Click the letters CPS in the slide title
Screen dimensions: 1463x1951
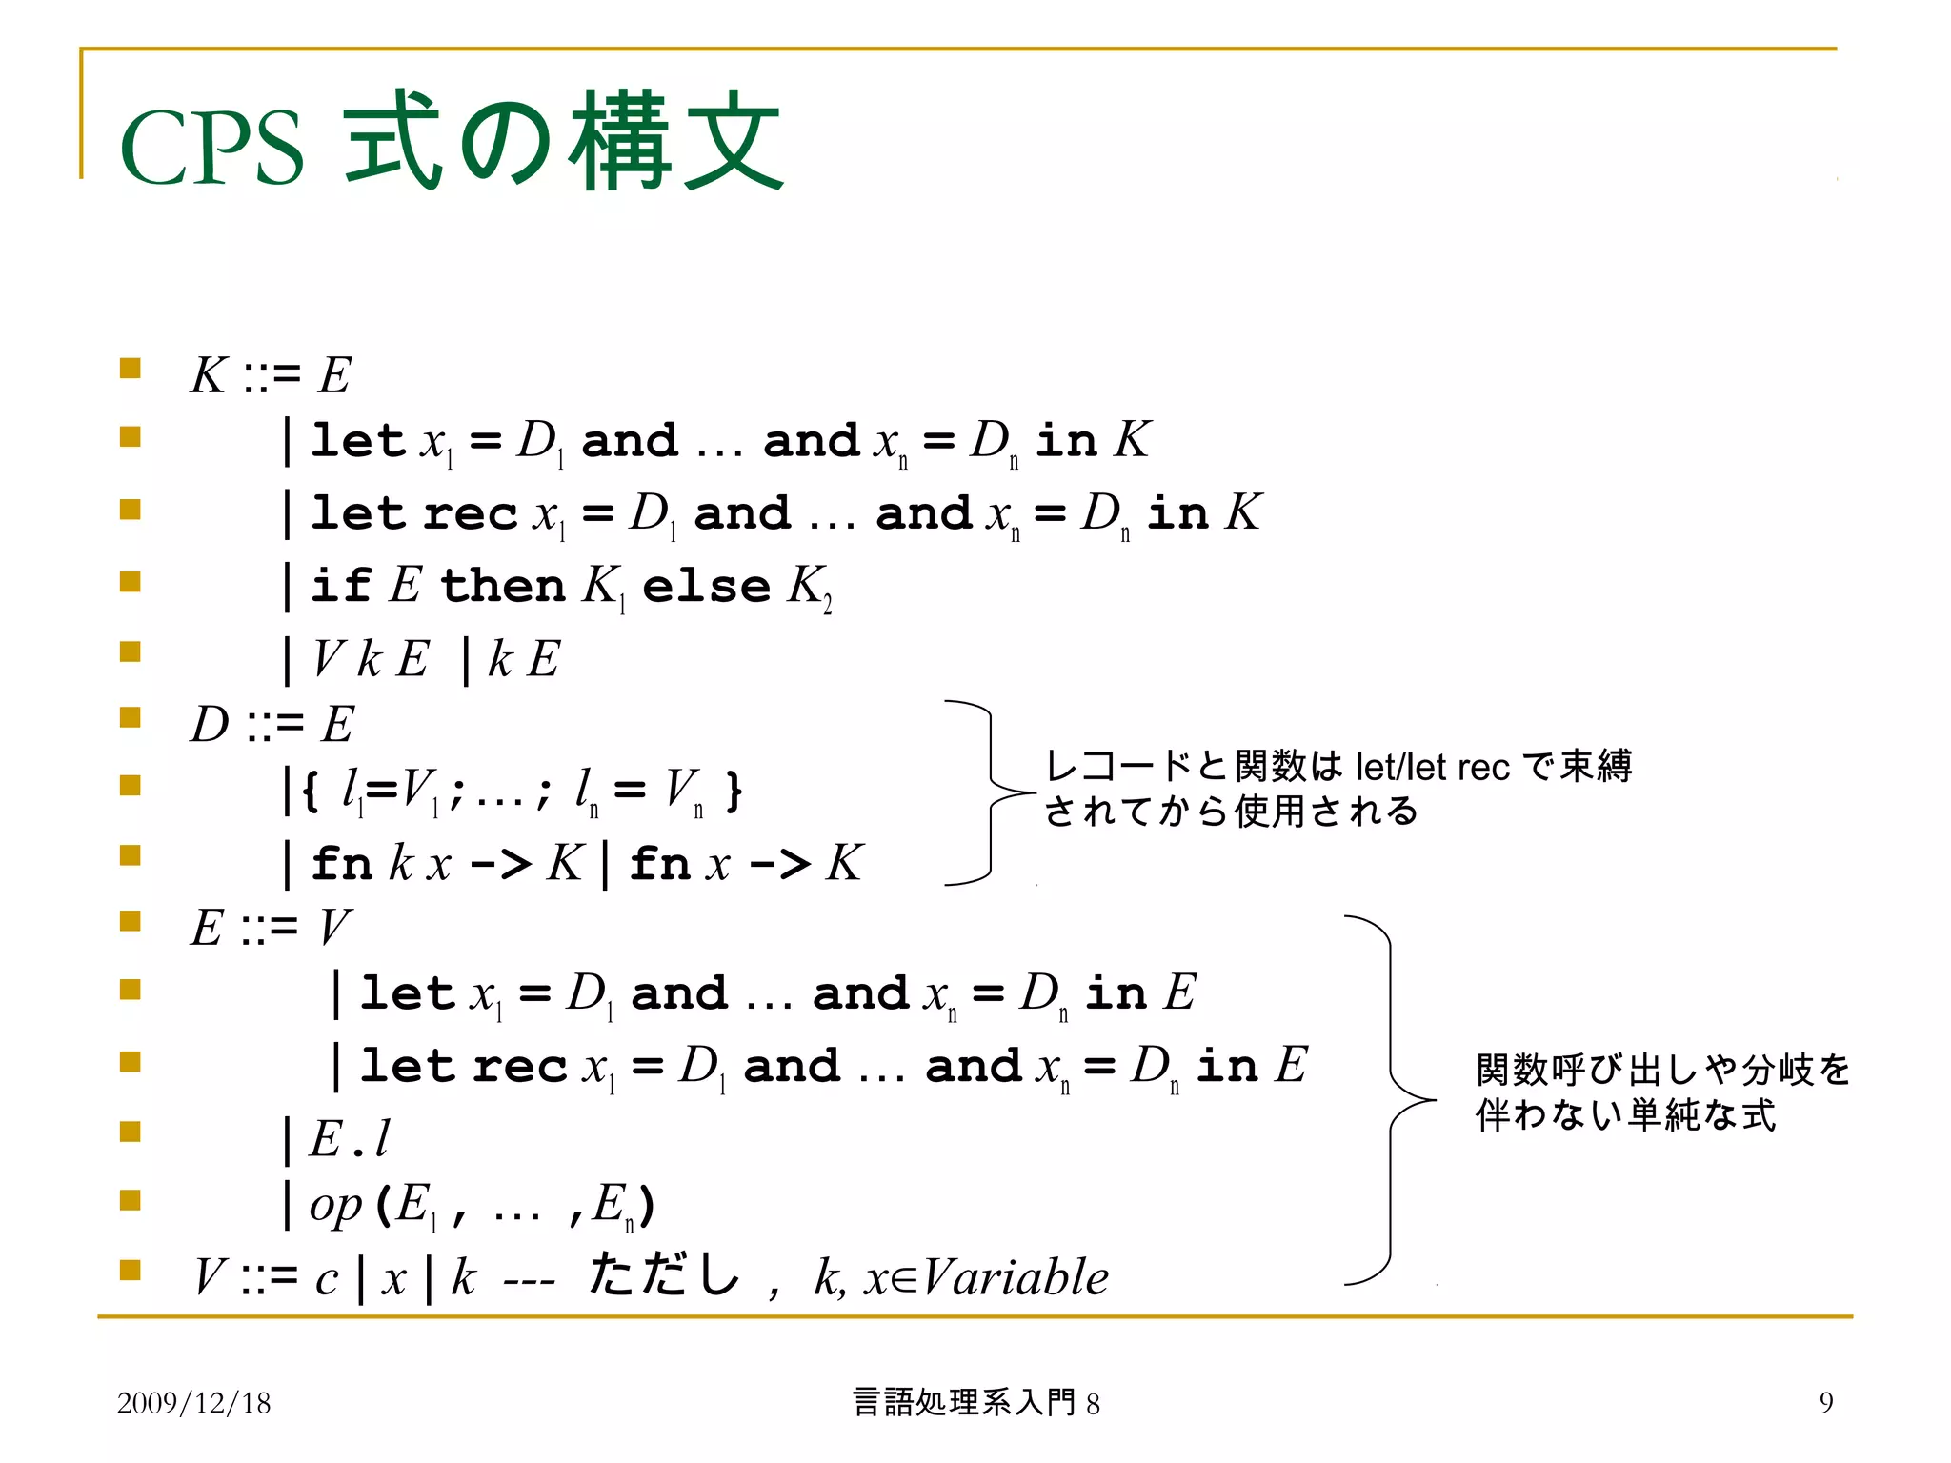(x=211, y=149)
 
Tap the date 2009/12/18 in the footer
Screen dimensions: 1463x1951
(x=193, y=1403)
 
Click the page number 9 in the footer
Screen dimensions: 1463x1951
(x=1825, y=1402)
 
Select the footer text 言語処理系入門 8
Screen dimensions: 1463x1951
(x=975, y=1403)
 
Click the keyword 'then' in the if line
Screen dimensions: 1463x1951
(x=503, y=585)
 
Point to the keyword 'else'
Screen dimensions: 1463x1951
(x=706, y=586)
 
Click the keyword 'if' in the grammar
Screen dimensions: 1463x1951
(x=340, y=585)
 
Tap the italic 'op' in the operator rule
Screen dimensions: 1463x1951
(x=335, y=1206)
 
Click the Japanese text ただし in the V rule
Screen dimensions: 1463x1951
(x=664, y=1274)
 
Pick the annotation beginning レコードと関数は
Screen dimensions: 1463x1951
(x=1338, y=789)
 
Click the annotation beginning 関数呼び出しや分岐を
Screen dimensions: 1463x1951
(x=1661, y=1092)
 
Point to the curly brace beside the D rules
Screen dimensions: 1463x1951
(x=991, y=792)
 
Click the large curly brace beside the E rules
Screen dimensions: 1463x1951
(x=1391, y=1100)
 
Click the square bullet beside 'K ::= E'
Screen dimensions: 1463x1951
(x=131, y=369)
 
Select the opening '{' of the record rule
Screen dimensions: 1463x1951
(x=310, y=791)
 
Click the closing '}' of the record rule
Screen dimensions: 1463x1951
(x=733, y=791)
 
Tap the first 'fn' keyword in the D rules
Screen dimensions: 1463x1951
(x=341, y=864)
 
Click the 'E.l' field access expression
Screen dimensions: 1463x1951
(x=349, y=1138)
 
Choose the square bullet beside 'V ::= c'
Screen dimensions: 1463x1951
(x=131, y=1270)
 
